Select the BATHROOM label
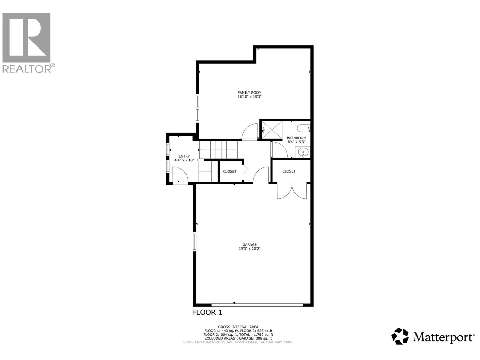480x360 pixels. [x=296, y=138]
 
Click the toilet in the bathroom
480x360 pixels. [x=303, y=128]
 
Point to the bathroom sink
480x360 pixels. [x=303, y=152]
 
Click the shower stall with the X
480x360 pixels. [x=272, y=130]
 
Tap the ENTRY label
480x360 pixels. [x=184, y=156]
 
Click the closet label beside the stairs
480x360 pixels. [x=230, y=171]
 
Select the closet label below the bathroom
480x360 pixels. [x=289, y=171]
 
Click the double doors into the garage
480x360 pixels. [x=292, y=191]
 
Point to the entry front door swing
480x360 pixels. [x=180, y=174]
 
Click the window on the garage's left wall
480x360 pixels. [x=195, y=242]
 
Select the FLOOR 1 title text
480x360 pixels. [x=207, y=313]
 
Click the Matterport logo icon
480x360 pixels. [x=400, y=336]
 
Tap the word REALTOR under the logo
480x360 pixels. [x=27, y=69]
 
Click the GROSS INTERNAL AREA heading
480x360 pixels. [x=238, y=327]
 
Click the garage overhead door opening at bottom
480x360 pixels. [x=257, y=304]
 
